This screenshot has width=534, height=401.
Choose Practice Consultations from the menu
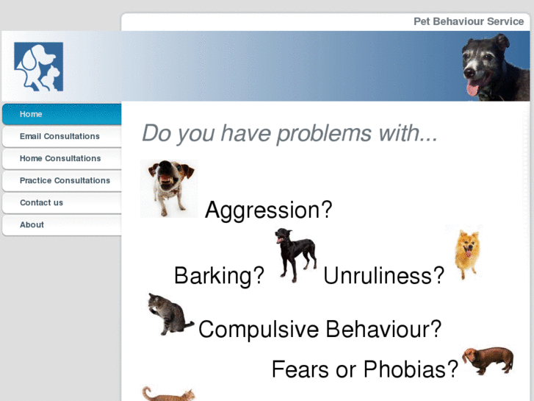(65, 180)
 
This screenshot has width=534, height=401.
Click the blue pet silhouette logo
(38, 66)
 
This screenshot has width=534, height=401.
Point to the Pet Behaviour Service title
(469, 21)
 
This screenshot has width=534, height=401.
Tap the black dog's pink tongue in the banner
(472, 89)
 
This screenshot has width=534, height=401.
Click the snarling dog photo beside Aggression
(168, 188)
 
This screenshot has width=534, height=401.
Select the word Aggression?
(268, 210)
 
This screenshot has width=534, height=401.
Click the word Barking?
(218, 276)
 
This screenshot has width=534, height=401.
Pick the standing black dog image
(295, 255)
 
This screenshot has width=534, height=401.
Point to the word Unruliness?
(383, 276)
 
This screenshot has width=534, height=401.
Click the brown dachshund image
(488, 359)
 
